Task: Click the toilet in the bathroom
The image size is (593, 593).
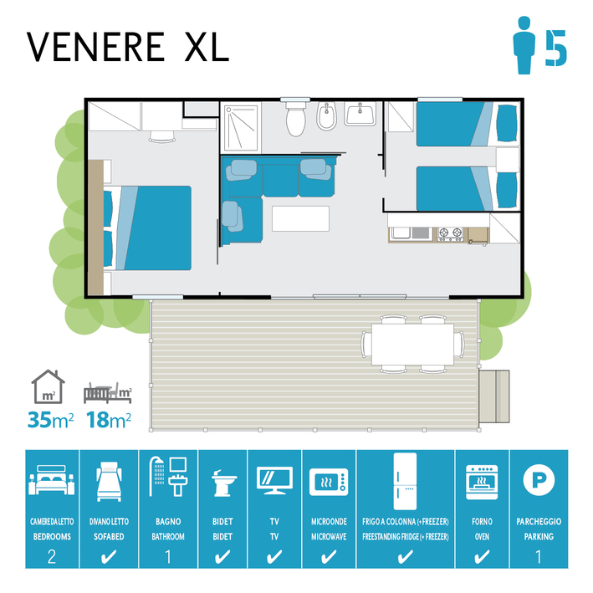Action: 295,119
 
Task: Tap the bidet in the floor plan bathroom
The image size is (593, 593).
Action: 326,115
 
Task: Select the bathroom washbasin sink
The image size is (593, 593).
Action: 360,114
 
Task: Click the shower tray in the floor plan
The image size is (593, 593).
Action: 241,128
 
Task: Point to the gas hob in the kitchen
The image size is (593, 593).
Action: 450,234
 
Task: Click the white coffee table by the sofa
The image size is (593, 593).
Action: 300,218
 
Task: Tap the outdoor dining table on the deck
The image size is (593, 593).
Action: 412,344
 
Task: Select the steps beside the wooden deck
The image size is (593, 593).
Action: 494,396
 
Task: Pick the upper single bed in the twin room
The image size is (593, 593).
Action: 468,124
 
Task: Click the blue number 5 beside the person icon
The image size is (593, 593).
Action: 555,48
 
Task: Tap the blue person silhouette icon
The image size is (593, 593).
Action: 524,45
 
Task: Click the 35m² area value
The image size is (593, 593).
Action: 50,419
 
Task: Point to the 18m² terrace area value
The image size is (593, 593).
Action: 109,419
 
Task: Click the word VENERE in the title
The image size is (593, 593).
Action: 95,47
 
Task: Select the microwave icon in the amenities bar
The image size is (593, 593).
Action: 329,482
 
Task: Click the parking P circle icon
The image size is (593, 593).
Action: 539,480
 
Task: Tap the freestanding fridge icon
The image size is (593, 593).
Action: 405,481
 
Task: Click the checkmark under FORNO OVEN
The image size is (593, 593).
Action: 482,557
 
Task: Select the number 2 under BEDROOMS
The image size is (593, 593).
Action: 52,557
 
